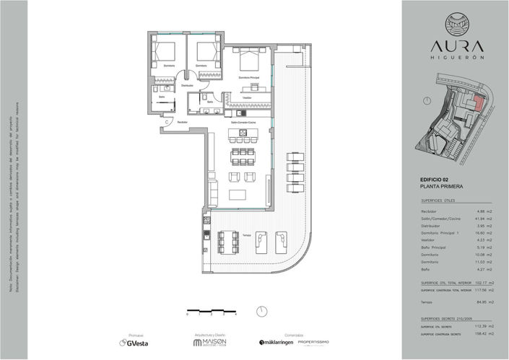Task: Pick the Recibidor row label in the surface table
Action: coord(430,211)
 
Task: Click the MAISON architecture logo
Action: coord(212,343)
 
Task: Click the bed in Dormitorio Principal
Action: coord(251,63)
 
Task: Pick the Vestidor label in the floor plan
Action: coord(247,97)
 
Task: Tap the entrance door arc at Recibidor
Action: coord(168,123)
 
